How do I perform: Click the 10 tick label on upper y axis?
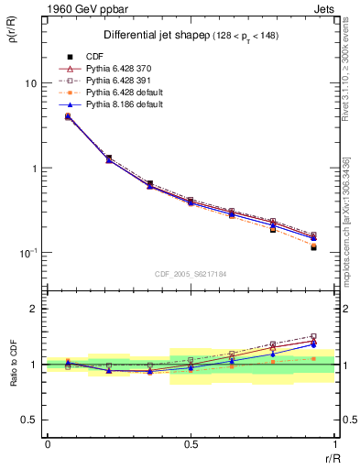(x=28, y=83)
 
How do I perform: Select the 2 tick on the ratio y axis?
(x=32, y=309)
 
